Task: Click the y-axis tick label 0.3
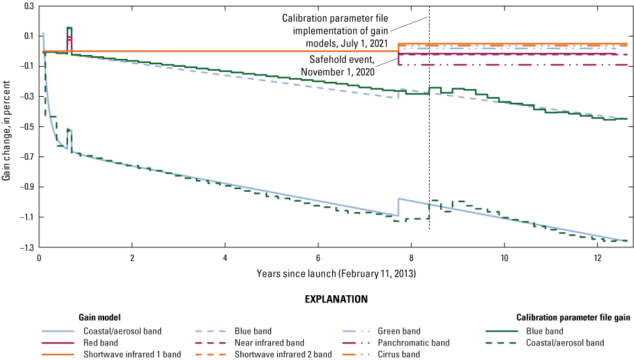point(29,6)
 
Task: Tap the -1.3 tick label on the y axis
point(27,247)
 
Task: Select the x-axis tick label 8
point(411,258)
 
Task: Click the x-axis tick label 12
point(597,258)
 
